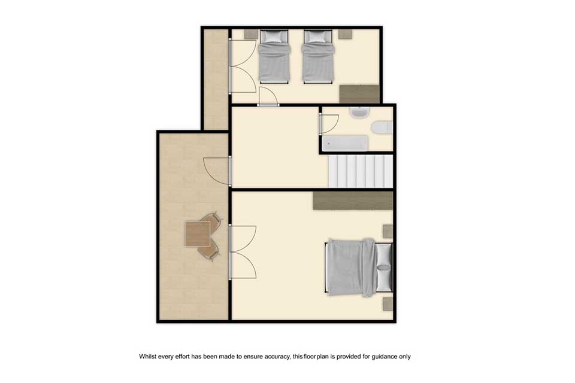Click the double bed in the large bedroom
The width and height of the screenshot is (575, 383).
click(359, 267)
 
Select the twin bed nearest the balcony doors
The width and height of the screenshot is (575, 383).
click(274, 56)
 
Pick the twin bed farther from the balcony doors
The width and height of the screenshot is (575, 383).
click(318, 56)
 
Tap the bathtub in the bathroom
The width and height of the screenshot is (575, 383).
click(345, 143)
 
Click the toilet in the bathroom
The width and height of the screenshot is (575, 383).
click(382, 127)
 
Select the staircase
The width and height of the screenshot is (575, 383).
click(360, 171)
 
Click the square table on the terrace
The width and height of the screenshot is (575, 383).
click(197, 234)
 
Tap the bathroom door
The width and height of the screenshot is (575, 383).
click(329, 123)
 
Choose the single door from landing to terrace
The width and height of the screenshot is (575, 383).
click(217, 171)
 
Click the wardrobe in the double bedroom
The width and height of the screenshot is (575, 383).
click(353, 201)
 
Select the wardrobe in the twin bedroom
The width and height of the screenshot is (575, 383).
click(359, 94)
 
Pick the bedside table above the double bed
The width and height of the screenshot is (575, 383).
click(388, 231)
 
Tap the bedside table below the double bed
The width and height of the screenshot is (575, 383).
click(388, 304)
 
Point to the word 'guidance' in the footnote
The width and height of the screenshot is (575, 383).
click(385, 356)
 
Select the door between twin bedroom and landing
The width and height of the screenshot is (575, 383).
click(268, 97)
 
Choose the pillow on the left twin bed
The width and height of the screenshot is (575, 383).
click(274, 37)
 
